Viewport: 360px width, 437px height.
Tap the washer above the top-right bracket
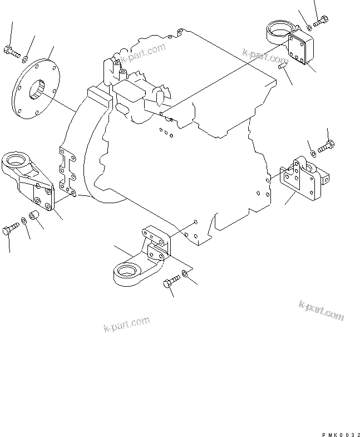[x=309, y=27]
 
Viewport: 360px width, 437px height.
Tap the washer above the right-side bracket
[x=314, y=152]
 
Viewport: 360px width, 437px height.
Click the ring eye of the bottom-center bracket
[x=126, y=273]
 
